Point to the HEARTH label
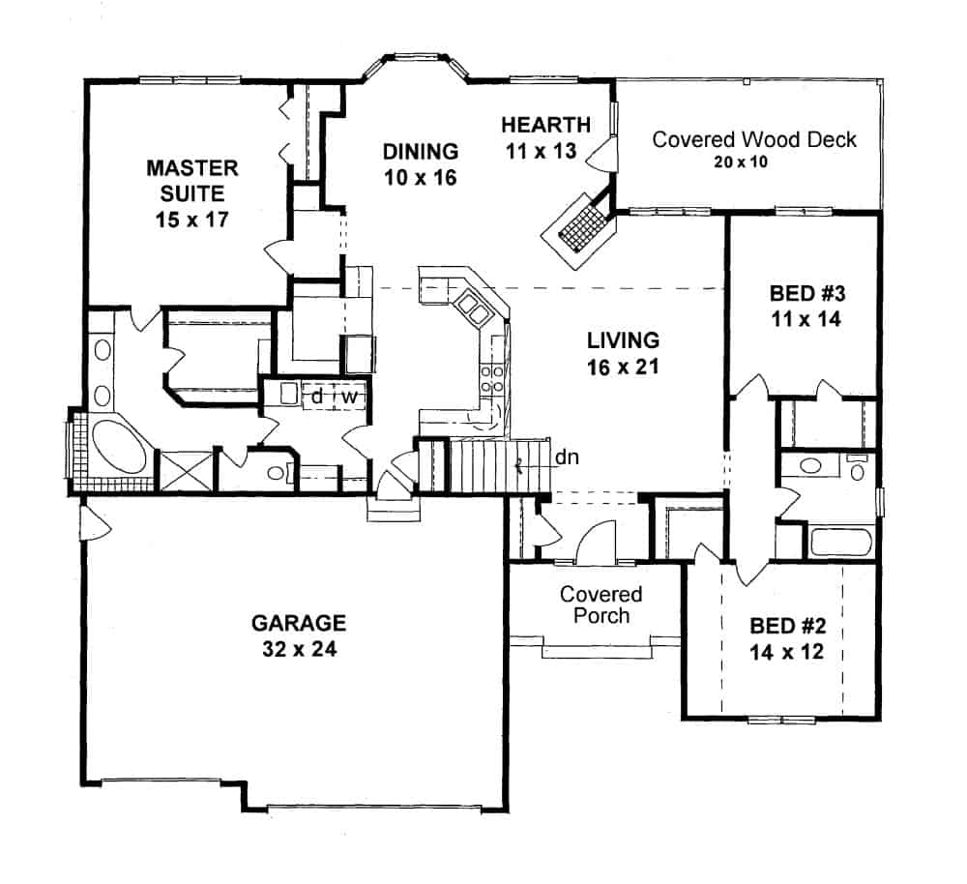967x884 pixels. (x=545, y=124)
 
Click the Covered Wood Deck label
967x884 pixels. (x=754, y=139)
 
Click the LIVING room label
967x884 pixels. (x=623, y=340)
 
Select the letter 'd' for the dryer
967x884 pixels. (x=315, y=397)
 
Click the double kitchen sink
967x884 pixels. (x=473, y=309)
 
